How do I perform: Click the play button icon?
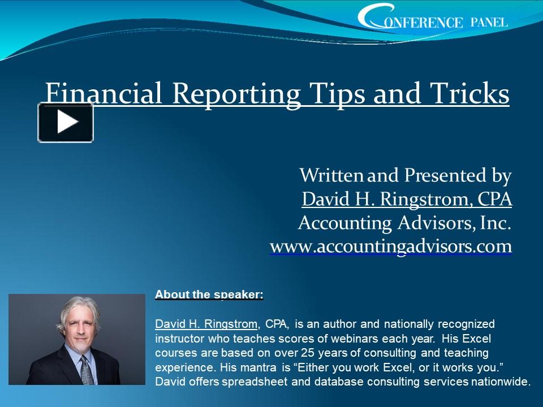(x=66, y=122)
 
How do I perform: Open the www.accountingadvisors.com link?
(x=391, y=247)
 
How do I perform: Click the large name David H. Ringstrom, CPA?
(x=407, y=199)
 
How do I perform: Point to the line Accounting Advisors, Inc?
(x=404, y=223)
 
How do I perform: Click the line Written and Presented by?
(x=405, y=175)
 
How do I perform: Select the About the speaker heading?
(x=209, y=295)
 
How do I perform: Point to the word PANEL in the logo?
(x=489, y=22)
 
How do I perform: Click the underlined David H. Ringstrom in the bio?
(x=206, y=324)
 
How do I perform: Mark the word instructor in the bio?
(x=176, y=339)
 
